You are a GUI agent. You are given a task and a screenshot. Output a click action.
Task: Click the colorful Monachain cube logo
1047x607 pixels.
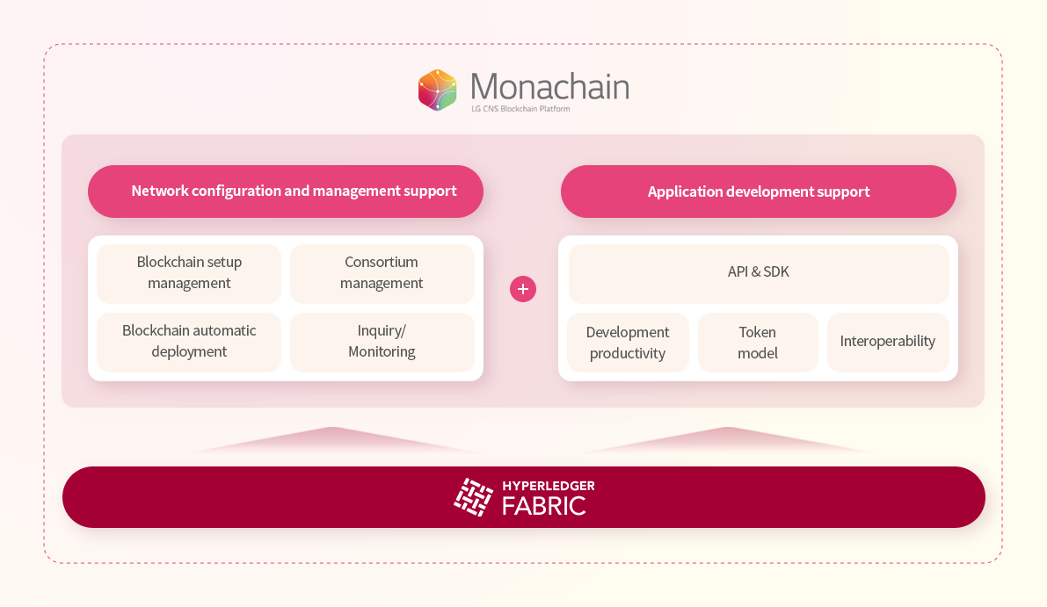438,90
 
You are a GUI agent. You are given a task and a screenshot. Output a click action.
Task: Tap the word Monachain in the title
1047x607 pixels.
549,87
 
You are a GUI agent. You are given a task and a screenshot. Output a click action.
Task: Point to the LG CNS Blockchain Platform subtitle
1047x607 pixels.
520,109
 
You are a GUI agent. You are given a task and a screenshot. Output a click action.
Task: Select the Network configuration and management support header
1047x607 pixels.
286,191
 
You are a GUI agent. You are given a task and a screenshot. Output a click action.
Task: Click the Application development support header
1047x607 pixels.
759,191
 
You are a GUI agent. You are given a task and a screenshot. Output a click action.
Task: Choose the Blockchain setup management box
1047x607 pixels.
189,273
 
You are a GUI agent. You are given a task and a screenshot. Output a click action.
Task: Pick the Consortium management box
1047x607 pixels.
382,273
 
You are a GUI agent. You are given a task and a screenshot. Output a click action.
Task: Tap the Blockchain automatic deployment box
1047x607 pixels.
189,343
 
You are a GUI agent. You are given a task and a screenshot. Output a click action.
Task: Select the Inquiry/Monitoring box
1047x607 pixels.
382,343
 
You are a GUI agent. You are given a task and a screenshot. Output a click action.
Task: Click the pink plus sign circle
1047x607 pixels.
523,289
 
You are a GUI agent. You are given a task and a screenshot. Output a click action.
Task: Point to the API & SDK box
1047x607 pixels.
759,273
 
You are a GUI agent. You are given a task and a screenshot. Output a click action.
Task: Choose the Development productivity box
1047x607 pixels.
628,343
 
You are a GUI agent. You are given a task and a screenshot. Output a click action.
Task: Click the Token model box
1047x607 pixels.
758,343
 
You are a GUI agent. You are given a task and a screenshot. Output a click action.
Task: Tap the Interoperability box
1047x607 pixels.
888,343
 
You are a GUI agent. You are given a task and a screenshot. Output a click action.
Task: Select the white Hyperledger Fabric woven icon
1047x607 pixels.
474,497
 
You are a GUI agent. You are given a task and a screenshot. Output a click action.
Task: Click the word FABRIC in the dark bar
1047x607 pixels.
543,506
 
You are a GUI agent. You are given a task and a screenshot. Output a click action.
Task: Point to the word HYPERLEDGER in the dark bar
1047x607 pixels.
549,486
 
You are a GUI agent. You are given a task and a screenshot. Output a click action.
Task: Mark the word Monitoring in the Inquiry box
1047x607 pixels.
382,351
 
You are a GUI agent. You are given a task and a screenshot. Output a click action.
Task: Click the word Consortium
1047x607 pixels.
382,262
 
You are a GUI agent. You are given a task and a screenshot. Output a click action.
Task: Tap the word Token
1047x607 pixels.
757,332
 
